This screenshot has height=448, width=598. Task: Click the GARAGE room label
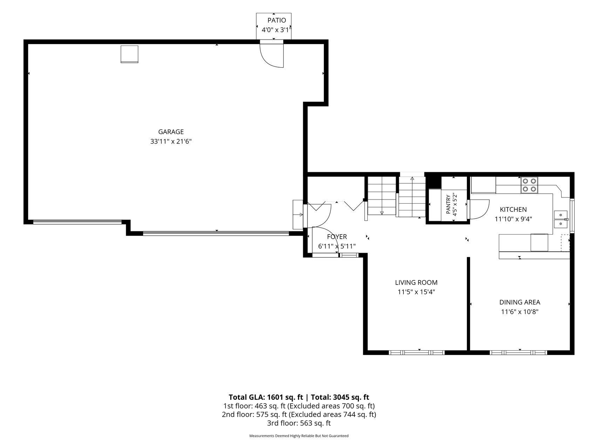[x=171, y=132]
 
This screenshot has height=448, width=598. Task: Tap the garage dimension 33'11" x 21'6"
[x=171, y=142]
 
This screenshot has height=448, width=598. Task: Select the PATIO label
[x=277, y=20]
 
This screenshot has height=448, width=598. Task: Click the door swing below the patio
[x=271, y=55]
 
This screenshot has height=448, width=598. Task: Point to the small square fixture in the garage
[x=129, y=54]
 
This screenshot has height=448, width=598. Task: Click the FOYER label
[x=337, y=237]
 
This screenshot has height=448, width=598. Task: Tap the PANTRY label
[x=448, y=204]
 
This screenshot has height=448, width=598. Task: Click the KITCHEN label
[x=513, y=210]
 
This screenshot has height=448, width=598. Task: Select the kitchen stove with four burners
[x=529, y=185]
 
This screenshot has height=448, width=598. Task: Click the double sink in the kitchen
[x=560, y=219]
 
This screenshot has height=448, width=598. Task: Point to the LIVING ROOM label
[x=416, y=282]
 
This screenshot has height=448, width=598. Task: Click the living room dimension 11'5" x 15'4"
[x=416, y=292]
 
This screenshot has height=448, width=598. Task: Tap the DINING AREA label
[x=519, y=302]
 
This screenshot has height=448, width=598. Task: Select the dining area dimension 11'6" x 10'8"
[x=519, y=312]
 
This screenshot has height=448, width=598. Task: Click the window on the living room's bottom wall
[x=416, y=352]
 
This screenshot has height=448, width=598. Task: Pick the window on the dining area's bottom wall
[x=518, y=352]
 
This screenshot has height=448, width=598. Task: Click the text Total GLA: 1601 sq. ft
[x=266, y=397]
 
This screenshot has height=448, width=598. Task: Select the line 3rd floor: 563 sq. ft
[x=299, y=423]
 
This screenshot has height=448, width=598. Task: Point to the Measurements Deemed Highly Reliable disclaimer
[x=299, y=436]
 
